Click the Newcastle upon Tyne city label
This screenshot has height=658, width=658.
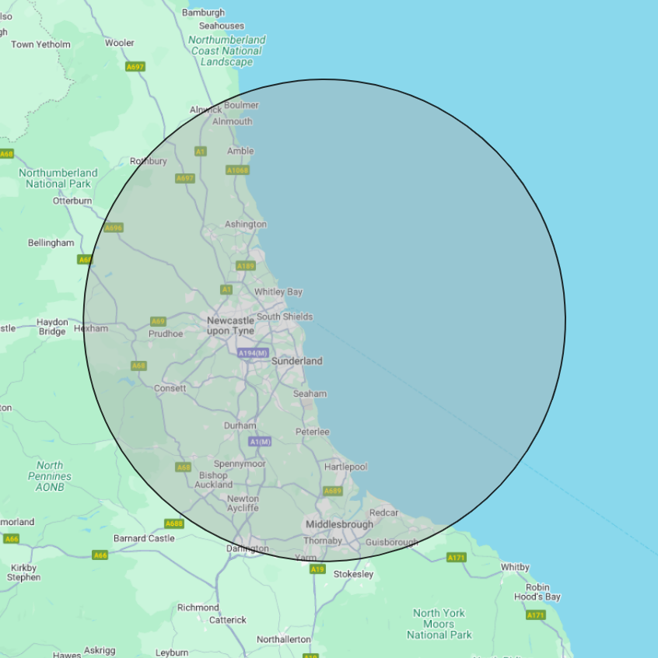[230, 326]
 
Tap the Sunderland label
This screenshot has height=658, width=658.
[296, 361]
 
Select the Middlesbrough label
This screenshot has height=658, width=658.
[339, 524]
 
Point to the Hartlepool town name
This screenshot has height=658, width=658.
[345, 467]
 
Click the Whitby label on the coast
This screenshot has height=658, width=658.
[515, 567]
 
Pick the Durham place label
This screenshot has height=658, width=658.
[240, 425]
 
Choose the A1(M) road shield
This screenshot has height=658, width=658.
[260, 442]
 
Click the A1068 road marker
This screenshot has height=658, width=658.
[237, 170]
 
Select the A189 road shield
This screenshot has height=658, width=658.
[246, 266]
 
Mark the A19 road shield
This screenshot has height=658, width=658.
[317, 569]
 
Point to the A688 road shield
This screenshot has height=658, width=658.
[174, 523]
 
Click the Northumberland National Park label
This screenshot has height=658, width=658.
[58, 178]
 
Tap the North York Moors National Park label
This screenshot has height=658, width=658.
[439, 624]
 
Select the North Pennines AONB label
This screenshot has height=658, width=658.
[50, 476]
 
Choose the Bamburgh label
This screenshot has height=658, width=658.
[203, 12]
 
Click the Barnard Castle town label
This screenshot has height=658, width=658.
[144, 538]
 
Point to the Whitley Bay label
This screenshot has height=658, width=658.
[278, 292]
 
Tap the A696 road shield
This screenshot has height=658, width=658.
[114, 228]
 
